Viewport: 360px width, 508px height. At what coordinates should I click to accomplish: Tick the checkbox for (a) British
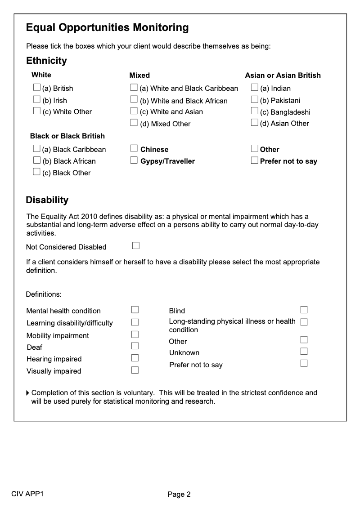point(37,87)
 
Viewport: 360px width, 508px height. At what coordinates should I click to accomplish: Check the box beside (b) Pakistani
point(255,99)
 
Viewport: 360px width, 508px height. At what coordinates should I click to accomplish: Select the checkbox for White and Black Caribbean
point(134,87)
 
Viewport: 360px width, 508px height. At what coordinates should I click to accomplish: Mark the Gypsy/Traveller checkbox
point(134,160)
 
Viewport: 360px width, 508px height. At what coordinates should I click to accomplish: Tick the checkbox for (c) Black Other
point(37,172)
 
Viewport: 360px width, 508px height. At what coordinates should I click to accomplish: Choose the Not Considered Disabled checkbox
point(136,245)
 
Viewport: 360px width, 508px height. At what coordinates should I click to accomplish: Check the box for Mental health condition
point(135,310)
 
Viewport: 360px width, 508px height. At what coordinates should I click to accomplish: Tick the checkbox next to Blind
point(304,310)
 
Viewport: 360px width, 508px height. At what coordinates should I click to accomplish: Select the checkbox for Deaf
point(135,346)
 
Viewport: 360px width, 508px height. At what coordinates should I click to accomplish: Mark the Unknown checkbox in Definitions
point(304,352)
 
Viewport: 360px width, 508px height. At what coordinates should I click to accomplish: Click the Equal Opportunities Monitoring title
point(107,28)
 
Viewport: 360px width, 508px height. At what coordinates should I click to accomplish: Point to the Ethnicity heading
point(46,61)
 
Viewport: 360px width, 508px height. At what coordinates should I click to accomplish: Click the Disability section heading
point(47,200)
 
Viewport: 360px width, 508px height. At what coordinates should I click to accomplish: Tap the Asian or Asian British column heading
point(283,75)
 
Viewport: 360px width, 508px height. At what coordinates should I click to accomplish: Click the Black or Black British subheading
point(67,136)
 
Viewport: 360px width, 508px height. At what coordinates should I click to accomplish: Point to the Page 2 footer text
point(179,495)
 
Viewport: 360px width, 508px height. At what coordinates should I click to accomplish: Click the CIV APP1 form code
point(28,494)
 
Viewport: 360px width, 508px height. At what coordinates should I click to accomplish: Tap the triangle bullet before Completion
point(28,393)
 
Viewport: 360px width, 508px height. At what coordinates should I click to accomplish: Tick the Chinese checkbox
point(134,148)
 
